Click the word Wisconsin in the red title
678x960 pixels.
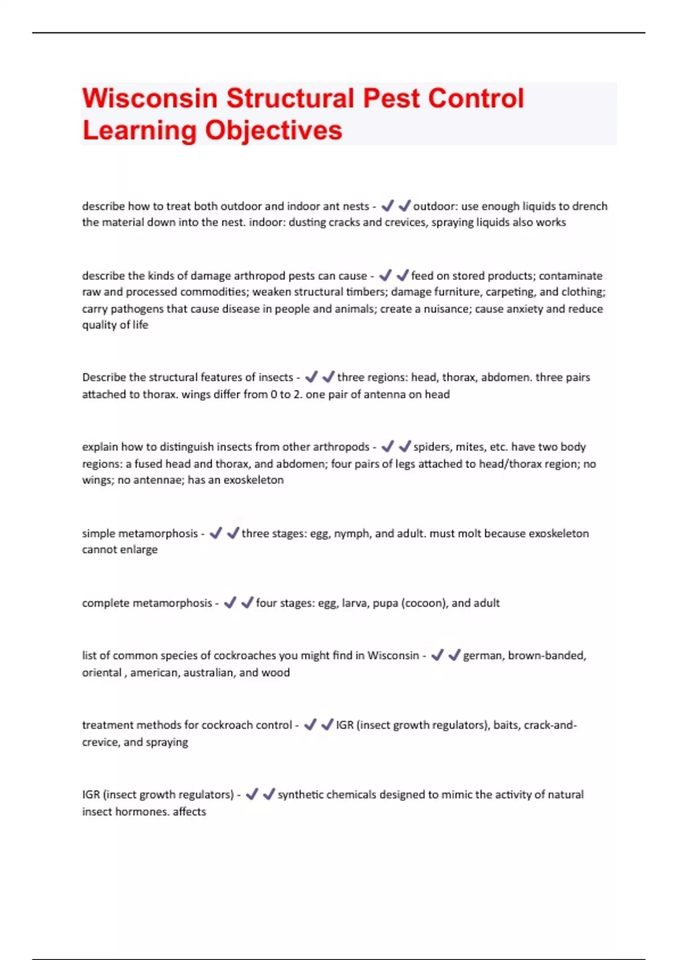pos(150,98)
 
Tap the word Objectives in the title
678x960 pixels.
pos(273,130)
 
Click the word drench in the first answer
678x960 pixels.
pos(588,206)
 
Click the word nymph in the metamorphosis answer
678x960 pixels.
pos(353,534)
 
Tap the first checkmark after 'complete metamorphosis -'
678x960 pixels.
pos(230,603)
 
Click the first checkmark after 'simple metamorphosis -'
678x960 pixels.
pos(216,534)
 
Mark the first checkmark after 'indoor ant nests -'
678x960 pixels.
pos(387,206)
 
